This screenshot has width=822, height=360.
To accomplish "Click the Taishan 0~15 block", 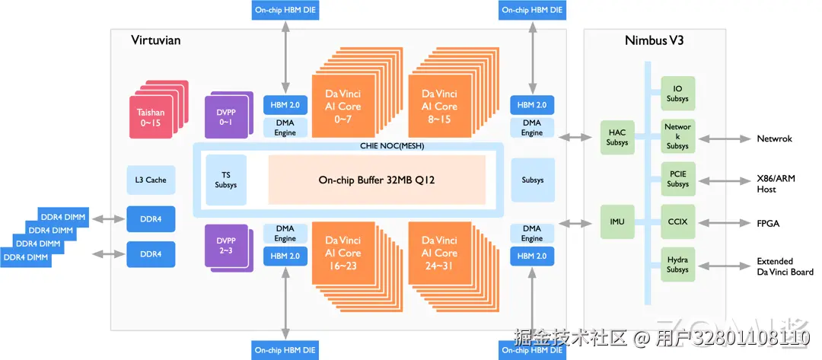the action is coord(151,117).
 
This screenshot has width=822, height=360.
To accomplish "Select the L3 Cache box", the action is coord(151,180).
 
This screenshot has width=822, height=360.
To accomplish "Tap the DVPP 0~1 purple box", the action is coord(225,117).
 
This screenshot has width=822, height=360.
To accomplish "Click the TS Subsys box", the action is coord(226,180).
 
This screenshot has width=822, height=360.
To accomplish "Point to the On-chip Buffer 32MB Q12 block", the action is coord(377,180).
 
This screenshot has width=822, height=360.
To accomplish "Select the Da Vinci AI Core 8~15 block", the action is coord(439,106).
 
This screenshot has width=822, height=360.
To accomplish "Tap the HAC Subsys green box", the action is coord(617,137).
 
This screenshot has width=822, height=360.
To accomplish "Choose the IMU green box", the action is coord(617,222).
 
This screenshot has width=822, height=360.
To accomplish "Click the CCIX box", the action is coord(678,222).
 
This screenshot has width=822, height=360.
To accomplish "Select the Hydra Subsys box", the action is coord(678,265).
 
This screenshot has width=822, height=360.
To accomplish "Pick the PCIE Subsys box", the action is coord(678,179).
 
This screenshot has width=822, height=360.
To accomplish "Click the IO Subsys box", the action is coord(678,94).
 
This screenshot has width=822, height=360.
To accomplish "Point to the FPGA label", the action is coord(768,223).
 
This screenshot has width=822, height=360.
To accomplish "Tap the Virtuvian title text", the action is coord(155,40).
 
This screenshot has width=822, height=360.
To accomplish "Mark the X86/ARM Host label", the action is coord(776,184).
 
